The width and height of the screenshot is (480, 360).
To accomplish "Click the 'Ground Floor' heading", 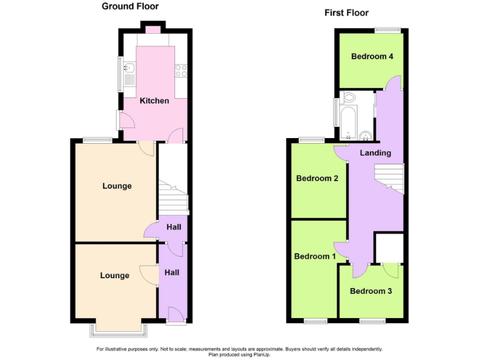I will (x=130, y=7).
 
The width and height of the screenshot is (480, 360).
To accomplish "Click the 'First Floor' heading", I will (x=346, y=12).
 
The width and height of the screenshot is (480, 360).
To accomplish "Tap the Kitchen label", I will (x=154, y=101).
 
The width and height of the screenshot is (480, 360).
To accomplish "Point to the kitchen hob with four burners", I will (x=182, y=71).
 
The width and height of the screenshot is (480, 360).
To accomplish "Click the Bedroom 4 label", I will (x=372, y=56).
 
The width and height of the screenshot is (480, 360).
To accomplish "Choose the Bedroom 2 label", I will (x=317, y=178).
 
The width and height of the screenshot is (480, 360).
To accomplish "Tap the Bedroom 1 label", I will (x=315, y=256).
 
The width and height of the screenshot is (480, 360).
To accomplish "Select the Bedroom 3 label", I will (x=371, y=291).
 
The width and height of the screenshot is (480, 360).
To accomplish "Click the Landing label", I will (x=376, y=152).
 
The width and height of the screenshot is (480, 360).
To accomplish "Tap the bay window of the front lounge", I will (x=117, y=327).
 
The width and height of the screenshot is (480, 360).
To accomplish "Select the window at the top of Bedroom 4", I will (x=387, y=29).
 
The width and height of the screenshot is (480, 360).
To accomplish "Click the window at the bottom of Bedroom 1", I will (x=316, y=321).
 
